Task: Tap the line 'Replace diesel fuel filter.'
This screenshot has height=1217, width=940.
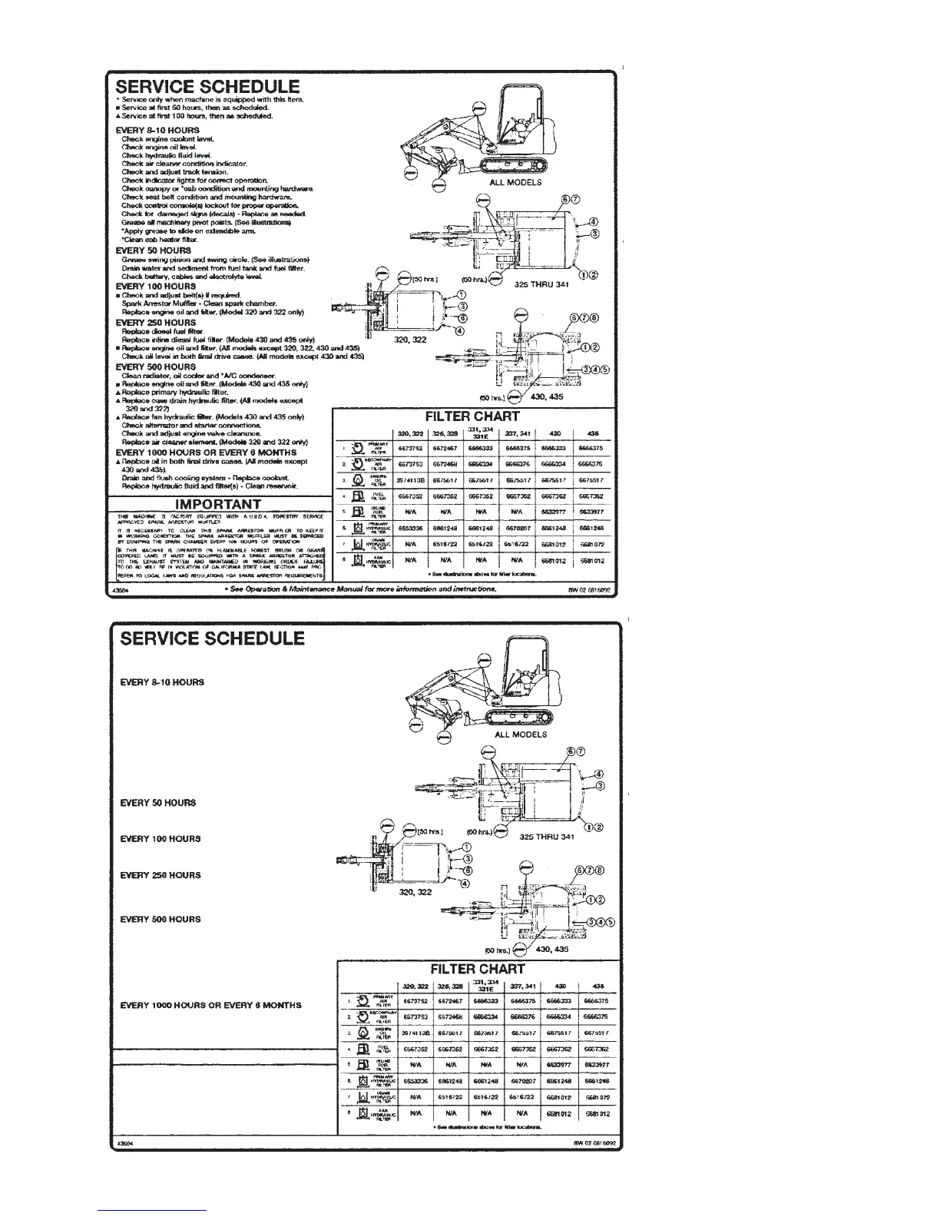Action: pos(157,330)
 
